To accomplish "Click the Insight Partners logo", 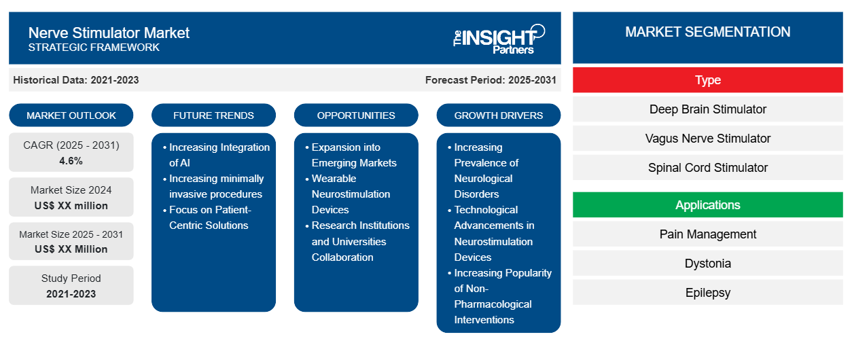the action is click(x=499, y=39).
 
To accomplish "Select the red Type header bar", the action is click(x=707, y=80).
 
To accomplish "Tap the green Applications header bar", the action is click(x=707, y=205).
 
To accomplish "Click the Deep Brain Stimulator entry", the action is click(x=707, y=109).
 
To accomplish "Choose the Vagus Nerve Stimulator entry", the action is click(x=707, y=139).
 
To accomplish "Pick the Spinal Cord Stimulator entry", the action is click(x=707, y=168).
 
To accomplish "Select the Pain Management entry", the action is click(x=707, y=234).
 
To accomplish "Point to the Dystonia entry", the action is click(x=707, y=264).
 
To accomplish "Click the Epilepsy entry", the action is click(x=707, y=293).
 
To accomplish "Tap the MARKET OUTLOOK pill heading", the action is click(x=71, y=115).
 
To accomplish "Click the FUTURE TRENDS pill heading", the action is click(x=213, y=115).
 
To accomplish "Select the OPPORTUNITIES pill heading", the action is click(x=356, y=115).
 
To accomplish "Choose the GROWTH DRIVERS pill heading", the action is click(x=498, y=115).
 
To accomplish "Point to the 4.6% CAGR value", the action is click(x=71, y=161).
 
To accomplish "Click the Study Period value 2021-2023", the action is click(x=71, y=294).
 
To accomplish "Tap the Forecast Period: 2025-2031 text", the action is click(x=491, y=80).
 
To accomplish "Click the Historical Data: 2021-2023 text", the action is click(x=76, y=80).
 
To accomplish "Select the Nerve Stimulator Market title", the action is click(x=109, y=33).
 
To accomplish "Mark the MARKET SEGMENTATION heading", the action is click(x=707, y=32).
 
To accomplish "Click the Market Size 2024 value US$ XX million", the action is click(x=71, y=206).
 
